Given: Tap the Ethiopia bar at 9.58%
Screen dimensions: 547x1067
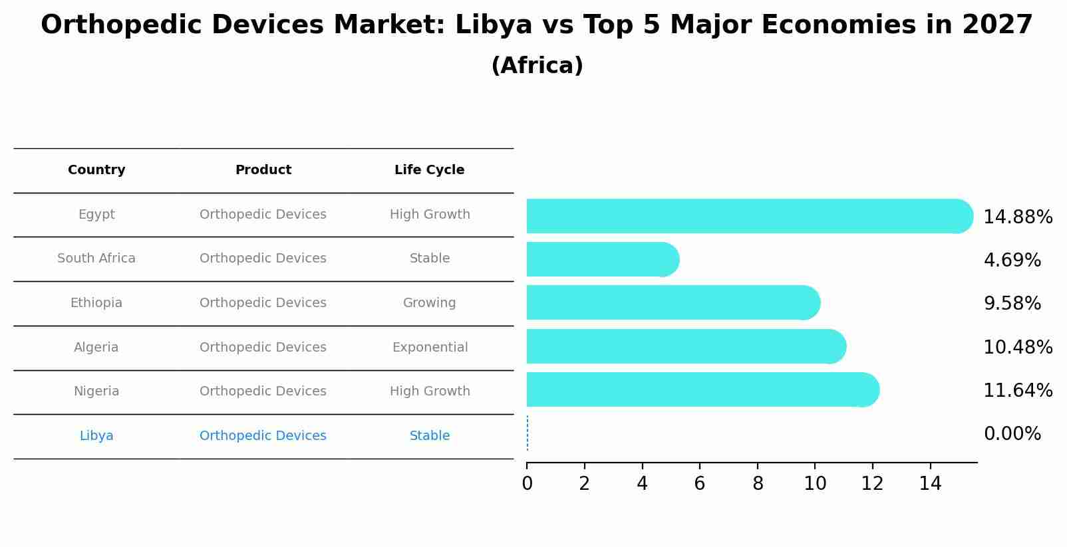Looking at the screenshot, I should (x=673, y=302).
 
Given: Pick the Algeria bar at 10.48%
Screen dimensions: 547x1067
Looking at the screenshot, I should (x=685, y=346).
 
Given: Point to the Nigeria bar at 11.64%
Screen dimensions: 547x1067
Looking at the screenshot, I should (x=702, y=389).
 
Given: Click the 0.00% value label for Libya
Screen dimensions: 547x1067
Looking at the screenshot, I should (x=1012, y=434).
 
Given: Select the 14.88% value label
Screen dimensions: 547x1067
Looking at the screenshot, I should (x=1017, y=217).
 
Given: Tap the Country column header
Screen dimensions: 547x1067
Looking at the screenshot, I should (x=96, y=170).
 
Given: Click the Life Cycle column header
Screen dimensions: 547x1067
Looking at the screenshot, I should (x=429, y=170).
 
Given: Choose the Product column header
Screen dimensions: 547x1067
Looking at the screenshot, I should (x=263, y=170).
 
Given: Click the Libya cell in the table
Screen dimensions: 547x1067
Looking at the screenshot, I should (x=96, y=436).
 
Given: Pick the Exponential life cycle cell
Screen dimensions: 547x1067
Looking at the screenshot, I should (x=430, y=348).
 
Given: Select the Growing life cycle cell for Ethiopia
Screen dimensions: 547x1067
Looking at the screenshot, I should (x=429, y=303).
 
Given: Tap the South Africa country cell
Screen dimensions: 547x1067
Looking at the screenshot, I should (x=96, y=259).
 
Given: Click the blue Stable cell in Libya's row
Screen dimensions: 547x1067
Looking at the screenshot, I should (x=429, y=436).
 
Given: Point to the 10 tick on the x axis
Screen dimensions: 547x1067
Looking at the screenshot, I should (x=815, y=484).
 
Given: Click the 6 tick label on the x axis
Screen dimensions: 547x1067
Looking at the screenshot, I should (x=699, y=484).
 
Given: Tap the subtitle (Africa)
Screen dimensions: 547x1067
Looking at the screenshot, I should (x=537, y=66).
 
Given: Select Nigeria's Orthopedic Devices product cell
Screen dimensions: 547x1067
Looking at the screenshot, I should (x=263, y=391).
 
